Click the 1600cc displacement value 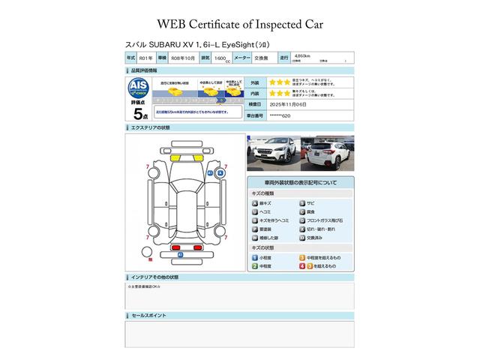(221, 58)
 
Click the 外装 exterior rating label (254, 82)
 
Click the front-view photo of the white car (273, 153)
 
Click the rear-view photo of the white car (326, 153)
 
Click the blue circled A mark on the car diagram (220, 172)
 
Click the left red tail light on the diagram (151, 259)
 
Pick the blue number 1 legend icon (255, 257)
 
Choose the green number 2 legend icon (255, 266)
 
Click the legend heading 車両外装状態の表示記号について (300, 182)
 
